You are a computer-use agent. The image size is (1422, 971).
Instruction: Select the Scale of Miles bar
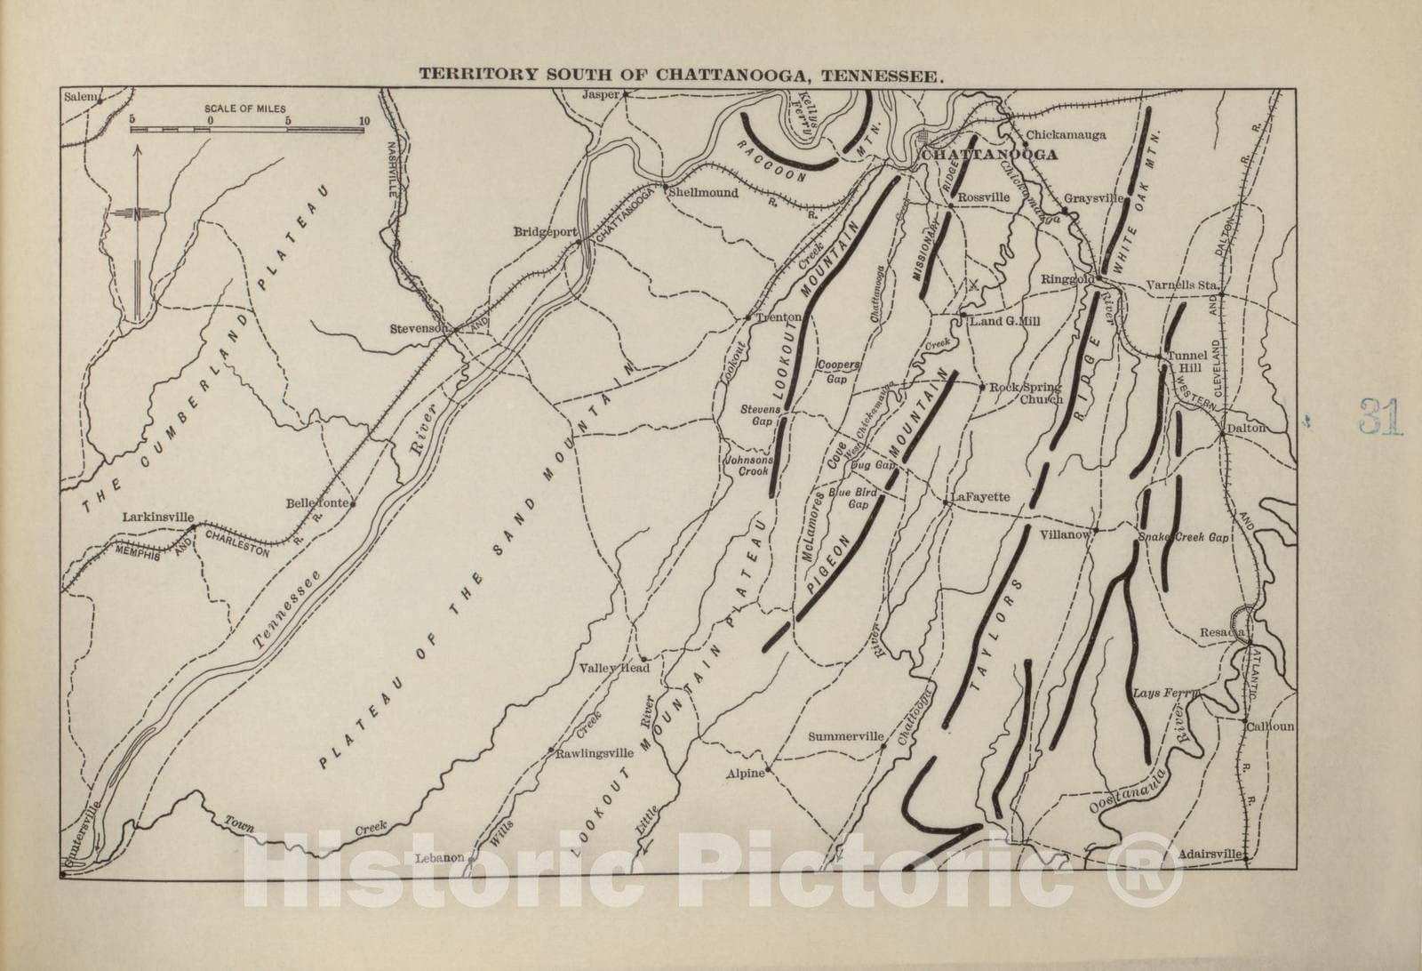click(x=247, y=130)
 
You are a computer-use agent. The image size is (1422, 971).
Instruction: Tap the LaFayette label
click(x=980, y=497)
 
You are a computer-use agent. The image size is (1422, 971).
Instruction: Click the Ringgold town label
click(x=1066, y=279)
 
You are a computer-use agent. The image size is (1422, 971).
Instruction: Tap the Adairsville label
click(x=1209, y=854)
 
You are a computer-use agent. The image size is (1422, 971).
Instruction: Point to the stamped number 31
click(x=1380, y=416)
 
